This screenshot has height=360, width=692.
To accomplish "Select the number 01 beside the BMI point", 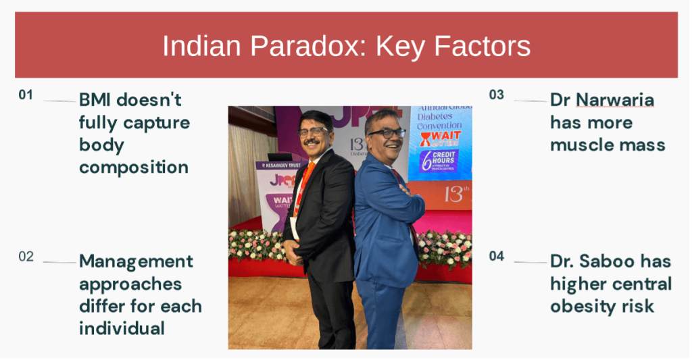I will (26, 95).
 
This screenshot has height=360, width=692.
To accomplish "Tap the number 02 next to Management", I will (26, 257).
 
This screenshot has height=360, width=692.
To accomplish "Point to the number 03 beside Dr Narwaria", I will (497, 95).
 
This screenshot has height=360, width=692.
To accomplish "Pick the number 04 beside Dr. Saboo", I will (497, 256).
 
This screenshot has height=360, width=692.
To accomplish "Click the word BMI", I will (95, 100).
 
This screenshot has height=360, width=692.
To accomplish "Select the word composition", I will (134, 168).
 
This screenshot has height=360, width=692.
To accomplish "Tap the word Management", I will (136, 261).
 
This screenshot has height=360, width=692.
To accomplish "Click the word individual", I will (122, 328).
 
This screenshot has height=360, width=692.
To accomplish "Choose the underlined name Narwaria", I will (615, 101).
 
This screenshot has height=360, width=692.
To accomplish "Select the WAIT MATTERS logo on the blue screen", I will (440, 138).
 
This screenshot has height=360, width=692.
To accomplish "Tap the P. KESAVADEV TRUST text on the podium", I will (278, 165).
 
